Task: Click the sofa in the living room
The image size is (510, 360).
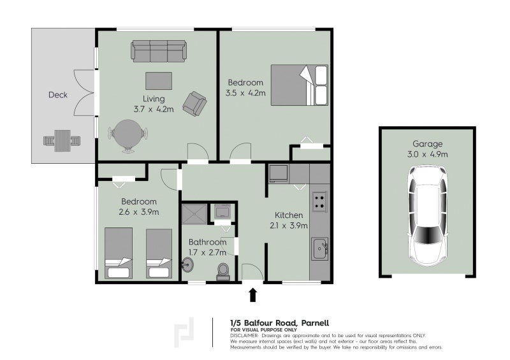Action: pyautogui.click(x=157, y=51)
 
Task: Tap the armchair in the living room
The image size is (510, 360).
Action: pyautogui.click(x=194, y=103)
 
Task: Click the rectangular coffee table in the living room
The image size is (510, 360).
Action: pyautogui.click(x=158, y=81)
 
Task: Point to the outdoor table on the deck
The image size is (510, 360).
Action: pyautogui.click(x=62, y=140)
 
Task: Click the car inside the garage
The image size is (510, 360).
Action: pyautogui.click(x=426, y=215)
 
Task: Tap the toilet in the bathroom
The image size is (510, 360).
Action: pyautogui.click(x=222, y=271)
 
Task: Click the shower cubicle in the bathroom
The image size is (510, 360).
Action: pyautogui.click(x=193, y=217)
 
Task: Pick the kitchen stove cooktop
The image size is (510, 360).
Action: pyautogui.click(x=319, y=201)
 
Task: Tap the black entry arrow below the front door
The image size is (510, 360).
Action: pyautogui.click(x=252, y=294)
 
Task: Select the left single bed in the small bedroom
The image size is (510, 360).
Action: pyautogui.click(x=119, y=254)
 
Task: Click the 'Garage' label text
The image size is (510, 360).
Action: pyautogui.click(x=426, y=144)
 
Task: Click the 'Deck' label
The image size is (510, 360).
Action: pyautogui.click(x=58, y=96)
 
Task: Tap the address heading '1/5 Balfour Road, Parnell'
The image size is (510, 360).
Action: pyautogui.click(x=279, y=322)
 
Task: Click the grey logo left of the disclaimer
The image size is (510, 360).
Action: pyautogui.click(x=185, y=333)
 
